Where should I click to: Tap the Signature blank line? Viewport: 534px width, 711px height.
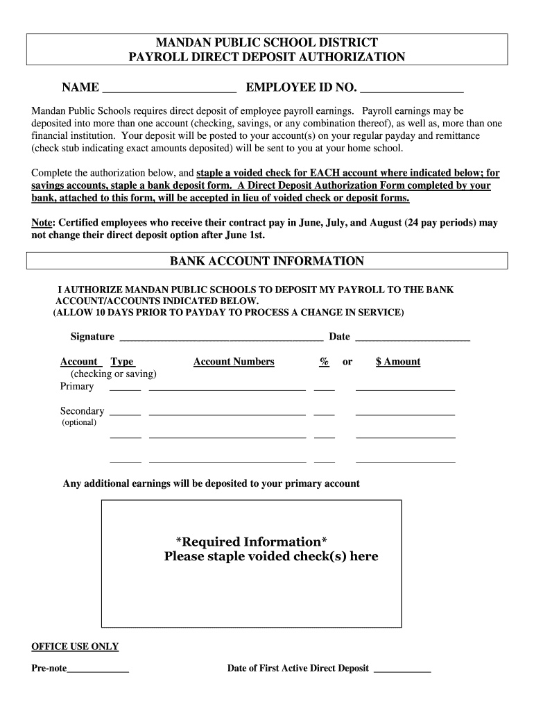coord(221,339)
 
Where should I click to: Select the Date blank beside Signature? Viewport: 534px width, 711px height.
coord(412,339)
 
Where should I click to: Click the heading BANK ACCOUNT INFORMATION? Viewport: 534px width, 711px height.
coord(267,261)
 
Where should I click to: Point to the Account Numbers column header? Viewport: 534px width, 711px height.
coord(234,362)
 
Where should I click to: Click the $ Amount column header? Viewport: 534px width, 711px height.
coord(398,362)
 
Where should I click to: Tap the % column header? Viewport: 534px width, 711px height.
coord(324,362)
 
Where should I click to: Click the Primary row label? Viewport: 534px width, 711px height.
coord(77,386)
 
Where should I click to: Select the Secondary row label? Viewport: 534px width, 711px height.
coord(82,411)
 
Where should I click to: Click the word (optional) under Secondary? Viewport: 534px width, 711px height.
coord(79,422)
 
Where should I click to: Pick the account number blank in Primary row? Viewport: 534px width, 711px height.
coord(227,389)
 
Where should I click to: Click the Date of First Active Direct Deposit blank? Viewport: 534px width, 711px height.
coord(402,671)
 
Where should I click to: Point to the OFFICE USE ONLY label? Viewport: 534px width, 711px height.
coord(75,646)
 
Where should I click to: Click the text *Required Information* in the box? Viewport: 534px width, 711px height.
coord(252,542)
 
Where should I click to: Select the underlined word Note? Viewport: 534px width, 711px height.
coord(42,223)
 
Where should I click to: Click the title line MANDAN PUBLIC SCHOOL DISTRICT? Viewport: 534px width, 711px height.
coord(267,42)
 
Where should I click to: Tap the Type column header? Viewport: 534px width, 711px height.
coord(123,362)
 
